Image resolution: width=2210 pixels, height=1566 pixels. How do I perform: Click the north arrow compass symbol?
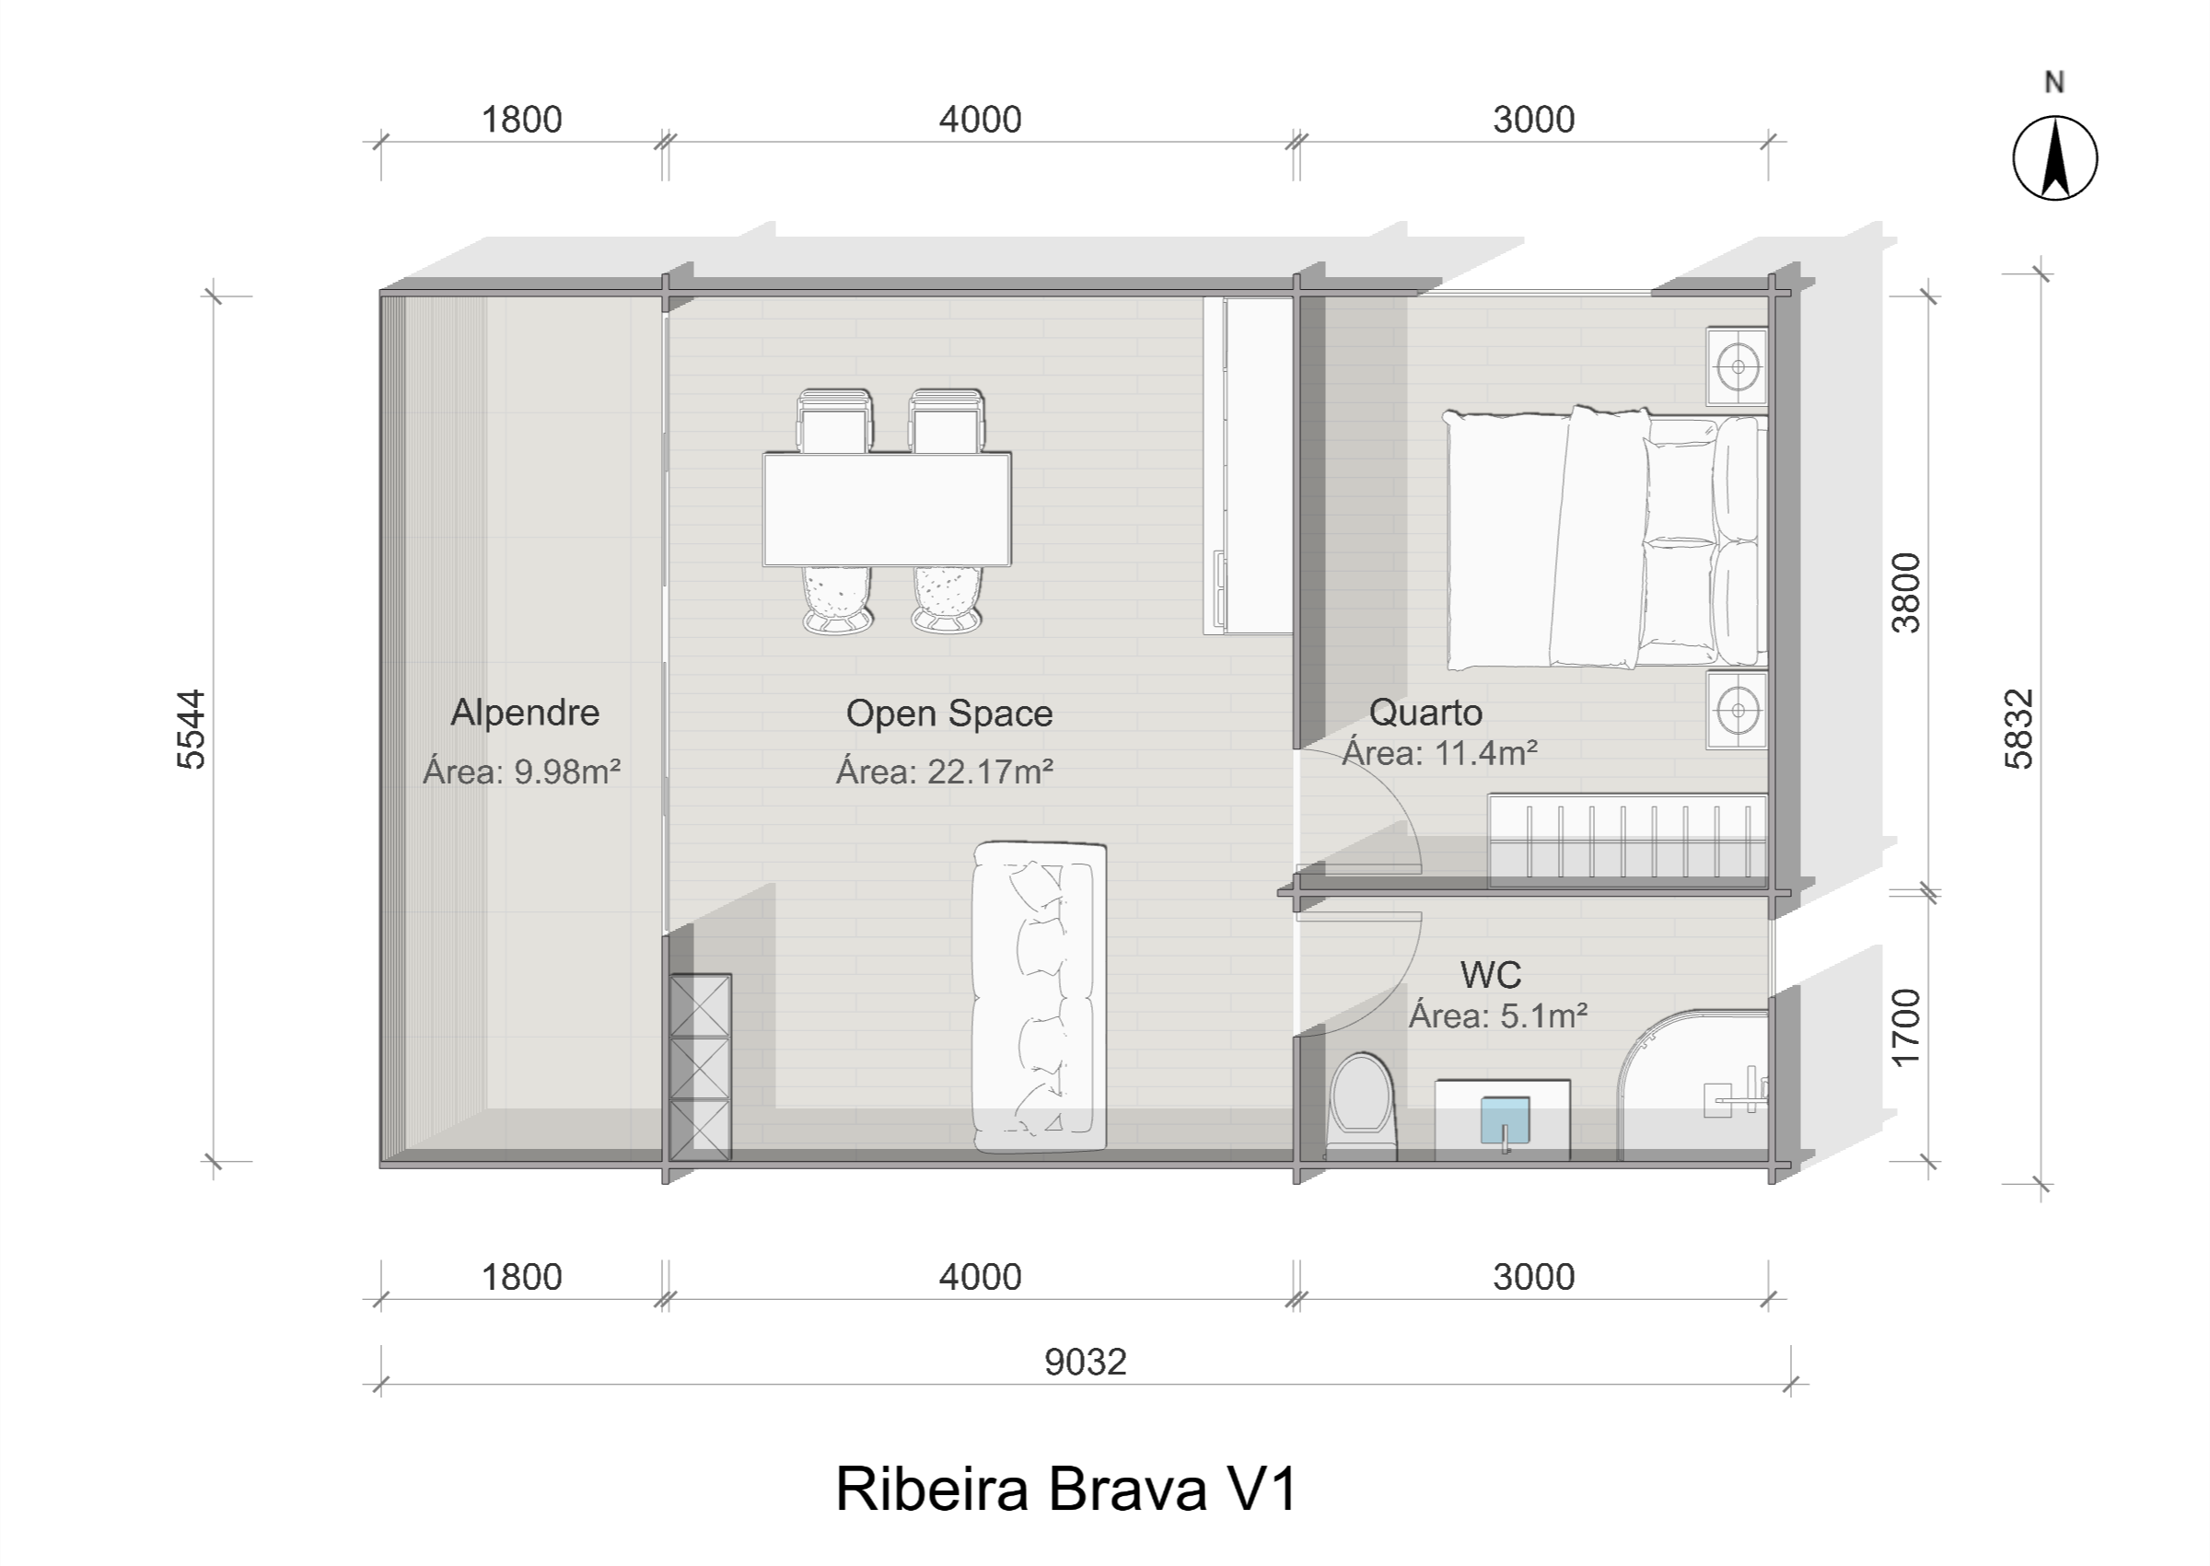2054,158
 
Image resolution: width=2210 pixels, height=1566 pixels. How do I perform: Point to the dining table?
887,509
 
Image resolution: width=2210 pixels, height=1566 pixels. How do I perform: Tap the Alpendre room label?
526,713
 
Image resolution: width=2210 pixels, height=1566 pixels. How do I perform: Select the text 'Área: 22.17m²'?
944,771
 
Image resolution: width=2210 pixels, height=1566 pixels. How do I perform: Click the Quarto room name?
1426,713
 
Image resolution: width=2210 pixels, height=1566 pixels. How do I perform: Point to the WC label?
1491,975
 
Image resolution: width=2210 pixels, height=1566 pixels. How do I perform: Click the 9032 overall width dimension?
1086,1362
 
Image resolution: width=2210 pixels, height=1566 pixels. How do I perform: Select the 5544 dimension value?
192,729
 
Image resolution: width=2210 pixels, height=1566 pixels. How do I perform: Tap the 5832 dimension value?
2018,729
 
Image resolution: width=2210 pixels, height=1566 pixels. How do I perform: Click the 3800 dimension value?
1906,593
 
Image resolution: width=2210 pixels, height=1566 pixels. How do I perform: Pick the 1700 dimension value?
1906,1028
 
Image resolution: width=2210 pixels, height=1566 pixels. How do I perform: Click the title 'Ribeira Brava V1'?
1066,1489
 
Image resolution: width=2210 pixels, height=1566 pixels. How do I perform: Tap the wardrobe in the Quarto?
1628,839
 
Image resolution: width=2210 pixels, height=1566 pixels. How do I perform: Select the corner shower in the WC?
1693,1085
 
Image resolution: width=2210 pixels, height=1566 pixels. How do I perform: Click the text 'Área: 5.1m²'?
1497,1015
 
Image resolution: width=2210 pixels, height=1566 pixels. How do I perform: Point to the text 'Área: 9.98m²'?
520,771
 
